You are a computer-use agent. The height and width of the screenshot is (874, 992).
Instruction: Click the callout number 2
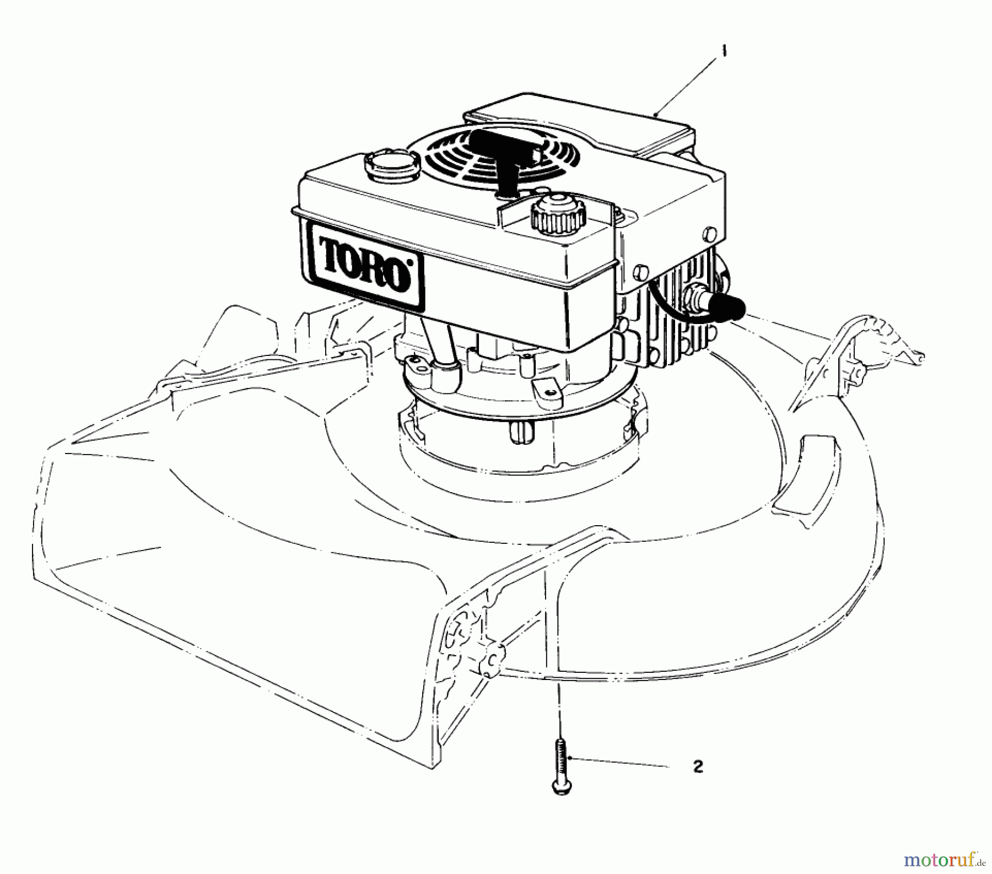point(698,767)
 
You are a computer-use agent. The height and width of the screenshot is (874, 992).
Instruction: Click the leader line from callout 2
point(623,763)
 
